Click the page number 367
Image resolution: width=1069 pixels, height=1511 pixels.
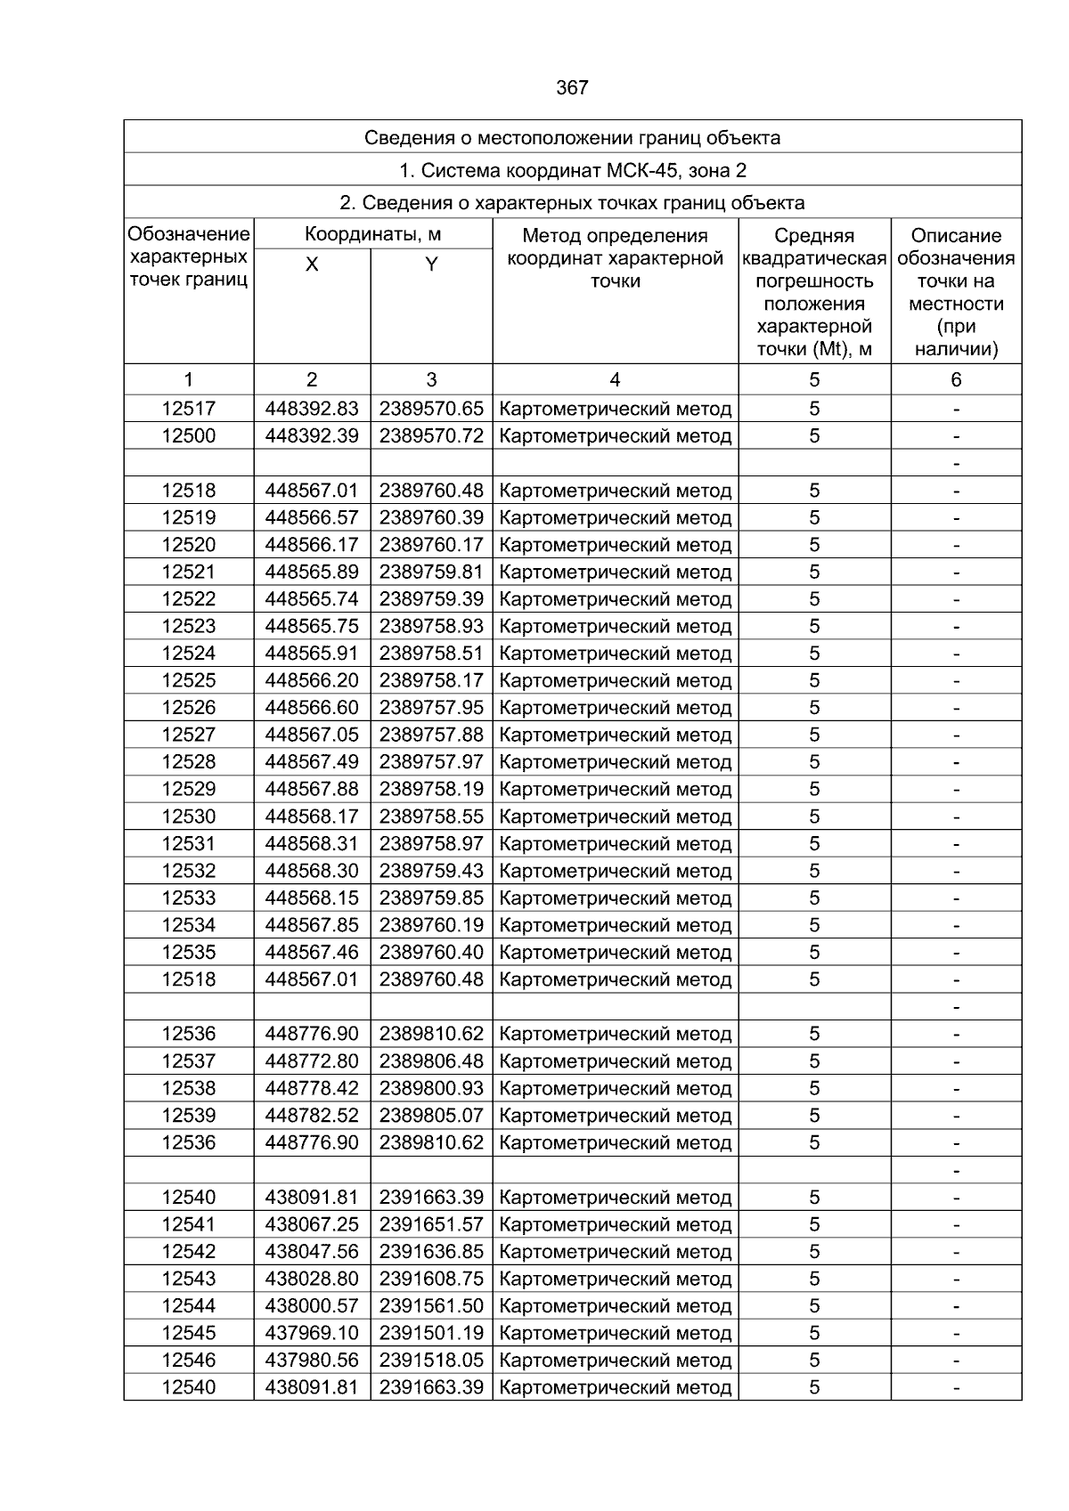572,88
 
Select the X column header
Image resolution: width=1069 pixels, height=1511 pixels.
312,264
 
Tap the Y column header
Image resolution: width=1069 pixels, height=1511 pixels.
431,264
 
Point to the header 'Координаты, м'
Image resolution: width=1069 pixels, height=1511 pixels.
373,235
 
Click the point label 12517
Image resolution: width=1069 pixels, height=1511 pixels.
189,409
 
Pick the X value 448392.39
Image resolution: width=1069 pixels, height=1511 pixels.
312,436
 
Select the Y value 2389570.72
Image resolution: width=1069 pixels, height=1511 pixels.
431,436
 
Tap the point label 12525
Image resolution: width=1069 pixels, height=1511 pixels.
189,680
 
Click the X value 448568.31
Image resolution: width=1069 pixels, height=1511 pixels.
312,843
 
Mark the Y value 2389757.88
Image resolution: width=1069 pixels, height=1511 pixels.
431,735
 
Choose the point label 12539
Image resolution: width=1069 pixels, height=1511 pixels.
189,1115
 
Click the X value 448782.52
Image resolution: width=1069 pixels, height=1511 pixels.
312,1115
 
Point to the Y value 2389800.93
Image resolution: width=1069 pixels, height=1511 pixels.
431,1088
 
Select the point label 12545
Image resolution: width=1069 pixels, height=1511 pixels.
189,1333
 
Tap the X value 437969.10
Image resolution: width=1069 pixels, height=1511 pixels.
312,1333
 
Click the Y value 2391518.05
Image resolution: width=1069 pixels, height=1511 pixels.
431,1360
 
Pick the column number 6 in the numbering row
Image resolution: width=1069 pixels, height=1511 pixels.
956,380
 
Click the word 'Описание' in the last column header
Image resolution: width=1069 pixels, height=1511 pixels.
956,236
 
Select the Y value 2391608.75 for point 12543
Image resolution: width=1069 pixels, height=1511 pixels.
431,1279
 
